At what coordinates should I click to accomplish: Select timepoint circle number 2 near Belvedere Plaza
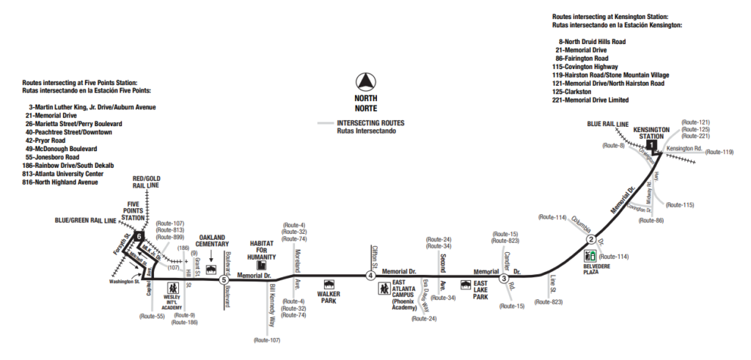590,240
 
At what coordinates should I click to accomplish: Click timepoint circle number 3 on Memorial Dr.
504,278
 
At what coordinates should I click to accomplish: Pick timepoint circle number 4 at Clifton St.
370,276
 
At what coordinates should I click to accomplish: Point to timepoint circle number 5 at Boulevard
224,279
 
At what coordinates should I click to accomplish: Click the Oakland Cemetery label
214,241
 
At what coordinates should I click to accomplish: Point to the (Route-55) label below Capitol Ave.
152,316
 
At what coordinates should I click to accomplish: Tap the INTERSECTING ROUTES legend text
370,123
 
